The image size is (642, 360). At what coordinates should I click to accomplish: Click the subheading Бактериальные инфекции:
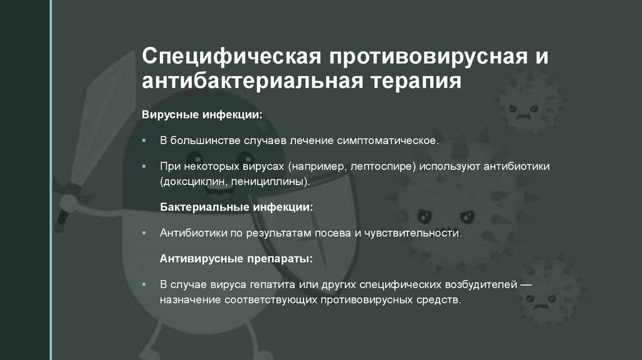pyautogui.click(x=236, y=206)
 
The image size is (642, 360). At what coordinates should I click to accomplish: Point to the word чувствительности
pyautogui.click(x=409, y=233)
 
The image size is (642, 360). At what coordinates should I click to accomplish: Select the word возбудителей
pyautogui.click(x=478, y=284)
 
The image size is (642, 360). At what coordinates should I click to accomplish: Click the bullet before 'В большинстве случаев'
pyautogui.click(x=144, y=140)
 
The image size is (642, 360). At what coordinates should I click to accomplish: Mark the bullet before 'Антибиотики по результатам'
pyautogui.click(x=144, y=233)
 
